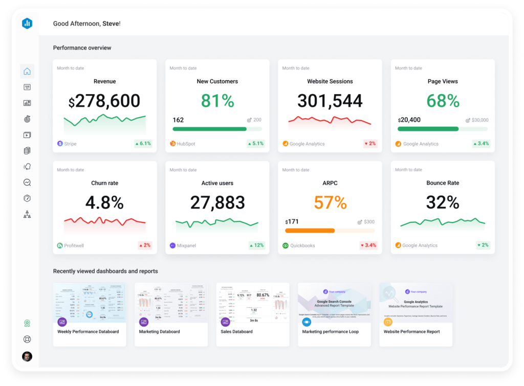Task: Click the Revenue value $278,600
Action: click(x=104, y=101)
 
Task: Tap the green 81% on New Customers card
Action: click(x=217, y=101)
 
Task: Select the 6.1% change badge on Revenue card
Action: click(x=143, y=144)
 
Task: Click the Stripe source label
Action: click(x=70, y=144)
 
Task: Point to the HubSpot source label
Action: click(x=186, y=144)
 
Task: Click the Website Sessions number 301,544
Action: click(x=330, y=101)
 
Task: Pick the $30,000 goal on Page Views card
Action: click(x=479, y=120)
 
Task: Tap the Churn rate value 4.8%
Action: click(x=104, y=202)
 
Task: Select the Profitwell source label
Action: click(x=74, y=246)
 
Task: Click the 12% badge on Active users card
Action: click(x=256, y=245)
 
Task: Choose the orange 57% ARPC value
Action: click(x=330, y=202)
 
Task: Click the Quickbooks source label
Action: click(x=302, y=246)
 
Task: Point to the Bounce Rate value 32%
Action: click(x=443, y=202)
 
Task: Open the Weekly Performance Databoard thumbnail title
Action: click(x=88, y=332)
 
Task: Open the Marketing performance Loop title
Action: click(x=330, y=332)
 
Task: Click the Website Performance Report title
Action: click(x=411, y=332)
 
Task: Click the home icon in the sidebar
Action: click(x=27, y=71)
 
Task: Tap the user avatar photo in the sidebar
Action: click(x=27, y=356)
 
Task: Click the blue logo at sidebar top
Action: click(x=27, y=24)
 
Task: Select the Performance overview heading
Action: click(x=82, y=48)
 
